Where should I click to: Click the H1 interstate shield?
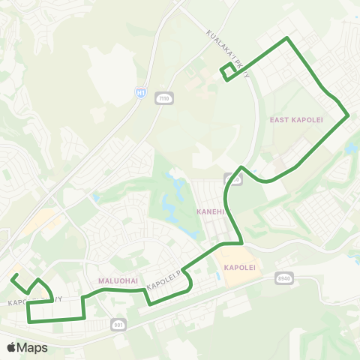[x=140, y=91]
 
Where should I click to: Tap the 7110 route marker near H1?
[x=163, y=97]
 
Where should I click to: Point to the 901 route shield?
[x=118, y=324]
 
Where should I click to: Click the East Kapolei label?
[x=290, y=119]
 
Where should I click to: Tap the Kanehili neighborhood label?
[x=211, y=212]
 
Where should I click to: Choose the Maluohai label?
[x=117, y=280]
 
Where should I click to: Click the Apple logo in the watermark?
[x=12, y=347]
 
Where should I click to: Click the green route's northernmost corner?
[x=286, y=37]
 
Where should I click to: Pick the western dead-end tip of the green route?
[x=12, y=277]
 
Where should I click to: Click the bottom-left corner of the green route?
[x=28, y=321]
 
